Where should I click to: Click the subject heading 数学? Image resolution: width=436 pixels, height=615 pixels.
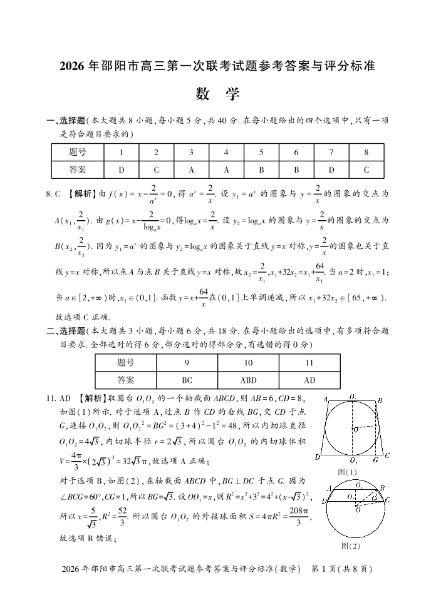click(217, 94)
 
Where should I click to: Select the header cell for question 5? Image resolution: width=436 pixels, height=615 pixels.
click(261, 152)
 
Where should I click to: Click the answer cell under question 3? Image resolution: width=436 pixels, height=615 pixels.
click(191, 169)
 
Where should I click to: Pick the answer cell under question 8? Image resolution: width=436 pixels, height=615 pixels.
click(366, 169)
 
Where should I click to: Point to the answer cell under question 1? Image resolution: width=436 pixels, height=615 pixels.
click(121, 169)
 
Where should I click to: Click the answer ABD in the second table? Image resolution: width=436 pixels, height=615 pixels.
click(248, 380)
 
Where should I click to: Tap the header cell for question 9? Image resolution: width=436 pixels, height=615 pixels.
click(187, 363)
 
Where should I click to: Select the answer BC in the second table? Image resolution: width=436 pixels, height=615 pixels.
click(187, 380)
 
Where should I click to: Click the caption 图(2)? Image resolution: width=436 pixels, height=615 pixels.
click(351, 546)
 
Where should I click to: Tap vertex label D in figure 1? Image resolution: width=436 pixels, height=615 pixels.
click(319, 458)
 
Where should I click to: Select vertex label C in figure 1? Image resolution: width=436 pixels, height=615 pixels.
click(388, 455)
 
